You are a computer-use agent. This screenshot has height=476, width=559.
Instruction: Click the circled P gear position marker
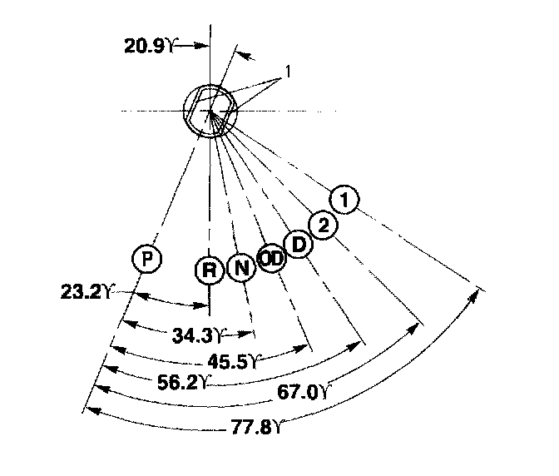[x=146, y=259]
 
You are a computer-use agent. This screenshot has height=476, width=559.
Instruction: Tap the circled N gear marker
[x=240, y=268]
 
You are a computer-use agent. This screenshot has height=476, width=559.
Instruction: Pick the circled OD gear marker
[x=271, y=258]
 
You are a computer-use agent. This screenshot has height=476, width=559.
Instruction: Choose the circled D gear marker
[x=297, y=244]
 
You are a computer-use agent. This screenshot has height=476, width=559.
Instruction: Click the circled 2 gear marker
[x=323, y=223]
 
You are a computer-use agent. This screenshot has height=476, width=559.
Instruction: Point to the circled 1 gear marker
[x=344, y=200]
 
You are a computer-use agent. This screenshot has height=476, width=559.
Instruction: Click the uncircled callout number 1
[x=286, y=72]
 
